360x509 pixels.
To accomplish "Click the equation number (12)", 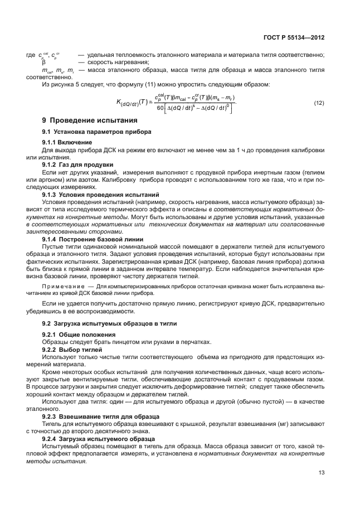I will pyautogui.click(x=319, y=103).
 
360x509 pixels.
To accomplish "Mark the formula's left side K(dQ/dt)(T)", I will pyautogui.click(x=128, y=102).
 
